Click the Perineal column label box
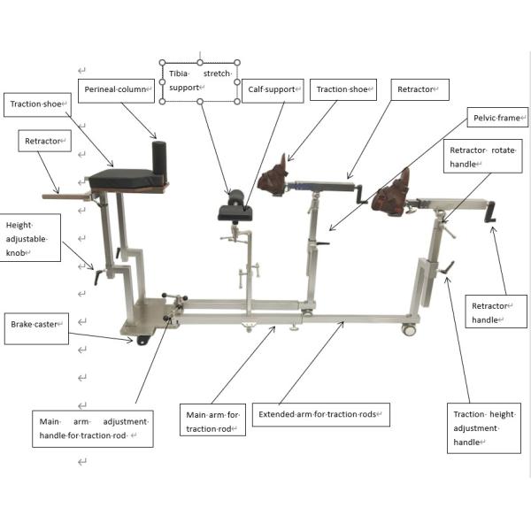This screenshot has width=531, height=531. (x=116, y=91)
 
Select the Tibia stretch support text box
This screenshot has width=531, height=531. (x=200, y=81)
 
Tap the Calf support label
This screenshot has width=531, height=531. (x=273, y=91)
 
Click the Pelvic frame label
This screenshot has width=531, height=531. (x=497, y=118)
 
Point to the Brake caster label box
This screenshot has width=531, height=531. (x=36, y=328)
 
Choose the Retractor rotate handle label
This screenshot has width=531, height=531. (x=483, y=156)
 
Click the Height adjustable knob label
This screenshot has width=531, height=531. (x=30, y=238)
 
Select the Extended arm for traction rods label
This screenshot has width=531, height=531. (x=320, y=414)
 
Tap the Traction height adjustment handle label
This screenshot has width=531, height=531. (x=484, y=428)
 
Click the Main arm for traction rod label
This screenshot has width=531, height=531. (x=212, y=419)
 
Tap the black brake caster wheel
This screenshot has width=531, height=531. (x=144, y=340)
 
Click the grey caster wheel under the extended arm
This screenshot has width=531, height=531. (x=409, y=329)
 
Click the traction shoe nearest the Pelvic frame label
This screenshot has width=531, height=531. (x=391, y=196)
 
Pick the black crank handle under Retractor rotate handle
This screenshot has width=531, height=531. (x=490, y=212)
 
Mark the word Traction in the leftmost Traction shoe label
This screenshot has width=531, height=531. (x=22, y=104)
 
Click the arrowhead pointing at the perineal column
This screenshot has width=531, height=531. (x=153, y=135)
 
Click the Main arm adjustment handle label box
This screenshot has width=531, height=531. (x=93, y=428)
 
